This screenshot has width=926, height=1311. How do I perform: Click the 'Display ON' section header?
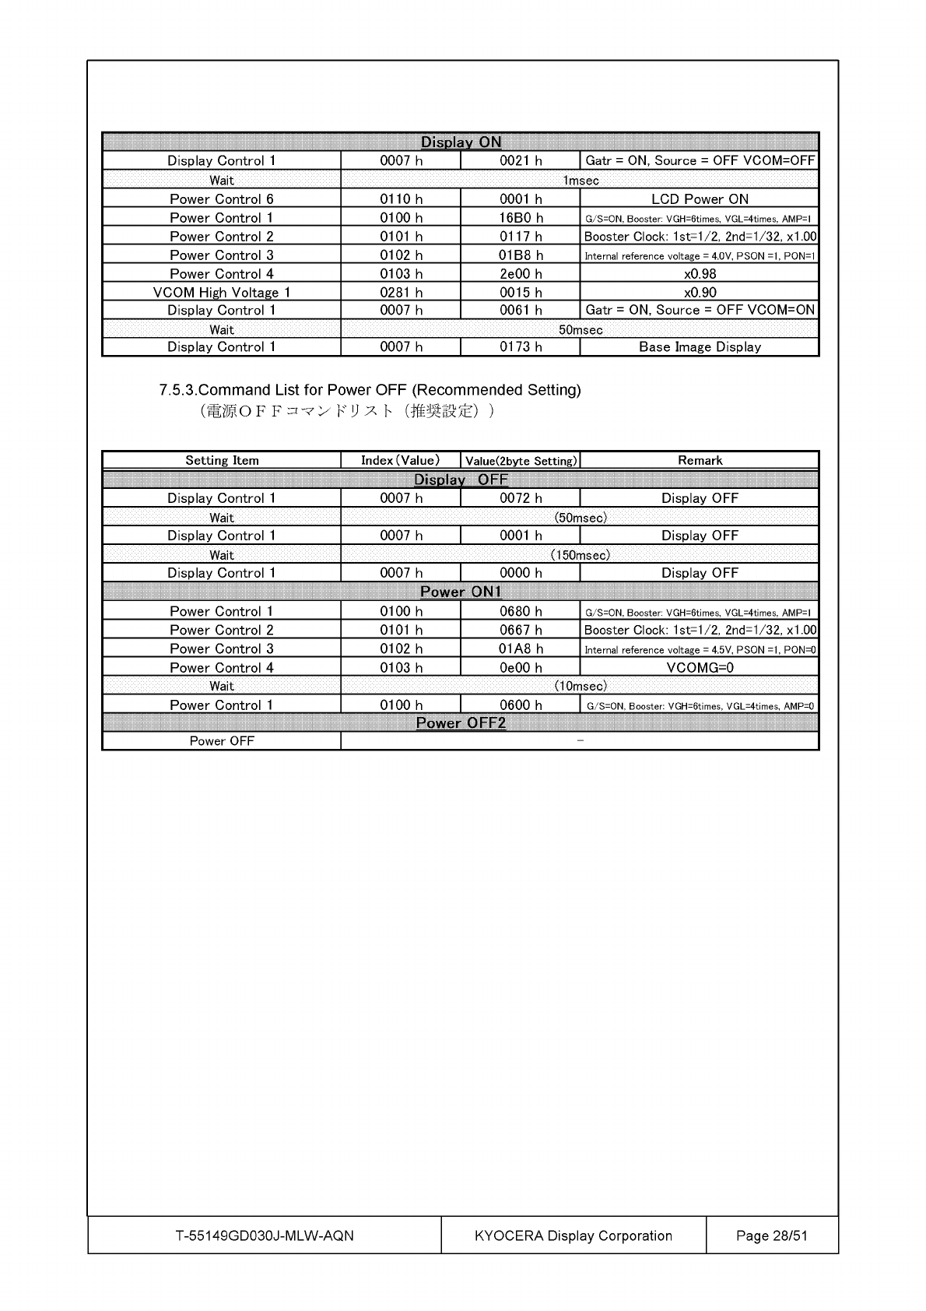461,142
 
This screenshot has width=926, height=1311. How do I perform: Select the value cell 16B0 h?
521,218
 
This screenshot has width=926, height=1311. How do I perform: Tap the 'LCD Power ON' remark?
700,199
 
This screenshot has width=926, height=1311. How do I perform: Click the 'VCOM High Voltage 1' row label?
222,293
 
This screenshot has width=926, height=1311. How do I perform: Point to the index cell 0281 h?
401,293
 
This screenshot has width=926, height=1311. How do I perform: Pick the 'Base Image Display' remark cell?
700,347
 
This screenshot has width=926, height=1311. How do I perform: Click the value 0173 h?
521,347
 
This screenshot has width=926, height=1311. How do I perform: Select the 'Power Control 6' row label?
222,199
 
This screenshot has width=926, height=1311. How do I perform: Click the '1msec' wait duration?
581,181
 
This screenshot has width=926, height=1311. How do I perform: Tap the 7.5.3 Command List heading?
370,390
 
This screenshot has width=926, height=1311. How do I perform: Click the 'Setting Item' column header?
222,460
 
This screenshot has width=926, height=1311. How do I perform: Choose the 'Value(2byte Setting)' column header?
521,461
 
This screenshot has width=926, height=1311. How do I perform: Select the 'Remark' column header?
700,460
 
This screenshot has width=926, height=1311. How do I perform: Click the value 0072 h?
521,498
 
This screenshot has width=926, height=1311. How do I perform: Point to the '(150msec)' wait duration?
581,555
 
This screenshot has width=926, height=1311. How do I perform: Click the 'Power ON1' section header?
461,592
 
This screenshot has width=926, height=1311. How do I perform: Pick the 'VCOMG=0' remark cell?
700,668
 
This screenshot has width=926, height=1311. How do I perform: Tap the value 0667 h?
521,631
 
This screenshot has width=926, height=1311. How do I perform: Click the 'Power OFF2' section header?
461,723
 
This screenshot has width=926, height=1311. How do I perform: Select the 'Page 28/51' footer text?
771,1235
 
